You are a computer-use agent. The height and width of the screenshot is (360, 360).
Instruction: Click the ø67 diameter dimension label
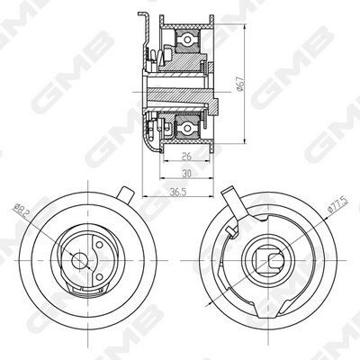[240, 84]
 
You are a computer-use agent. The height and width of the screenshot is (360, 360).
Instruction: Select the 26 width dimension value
[186, 156]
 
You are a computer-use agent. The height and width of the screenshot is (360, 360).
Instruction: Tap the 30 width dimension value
[186, 174]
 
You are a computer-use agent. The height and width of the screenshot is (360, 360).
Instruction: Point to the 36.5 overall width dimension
[178, 193]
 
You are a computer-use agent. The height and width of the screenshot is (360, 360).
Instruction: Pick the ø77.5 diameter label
[338, 205]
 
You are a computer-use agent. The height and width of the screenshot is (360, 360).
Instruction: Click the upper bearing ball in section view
[187, 40]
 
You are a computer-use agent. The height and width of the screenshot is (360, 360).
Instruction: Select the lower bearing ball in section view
[187, 128]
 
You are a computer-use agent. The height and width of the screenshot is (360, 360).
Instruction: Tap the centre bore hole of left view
[79, 260]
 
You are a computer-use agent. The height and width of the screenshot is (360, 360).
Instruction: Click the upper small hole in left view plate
[99, 245]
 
